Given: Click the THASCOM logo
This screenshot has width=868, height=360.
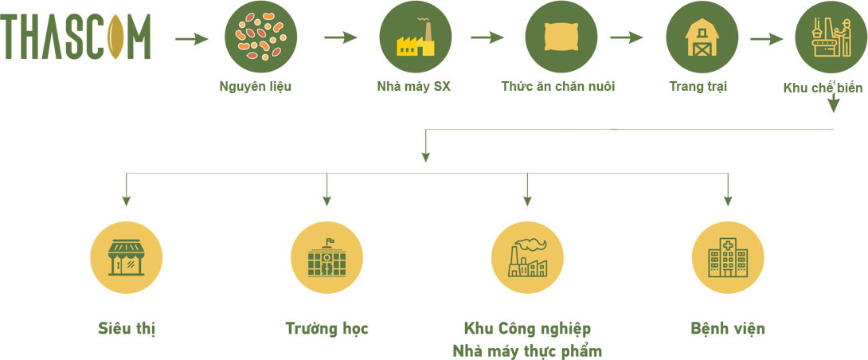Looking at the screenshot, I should [76, 37].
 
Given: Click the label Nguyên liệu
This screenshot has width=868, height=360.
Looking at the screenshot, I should [255, 86].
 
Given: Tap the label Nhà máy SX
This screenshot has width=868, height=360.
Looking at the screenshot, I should [413, 86].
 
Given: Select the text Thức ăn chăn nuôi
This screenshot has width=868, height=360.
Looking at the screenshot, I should [558, 86].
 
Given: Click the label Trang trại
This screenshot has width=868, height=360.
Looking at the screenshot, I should [698, 86].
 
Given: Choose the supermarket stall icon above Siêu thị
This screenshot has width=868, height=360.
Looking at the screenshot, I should [127, 257].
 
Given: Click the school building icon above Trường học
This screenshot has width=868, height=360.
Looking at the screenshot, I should [327, 257].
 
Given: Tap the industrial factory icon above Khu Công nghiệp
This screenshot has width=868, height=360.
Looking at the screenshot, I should [527, 257].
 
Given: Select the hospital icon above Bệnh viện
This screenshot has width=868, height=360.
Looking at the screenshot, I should [728, 257].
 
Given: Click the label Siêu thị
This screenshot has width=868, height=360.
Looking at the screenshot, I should [127, 328].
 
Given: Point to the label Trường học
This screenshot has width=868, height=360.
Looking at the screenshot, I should [326, 328].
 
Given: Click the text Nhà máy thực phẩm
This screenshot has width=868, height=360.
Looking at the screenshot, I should [527, 350].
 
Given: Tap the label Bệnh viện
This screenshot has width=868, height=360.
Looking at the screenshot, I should [728, 328].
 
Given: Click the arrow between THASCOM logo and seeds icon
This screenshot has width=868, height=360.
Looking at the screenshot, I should [191, 38].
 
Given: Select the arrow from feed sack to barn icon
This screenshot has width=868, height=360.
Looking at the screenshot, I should [626, 37].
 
